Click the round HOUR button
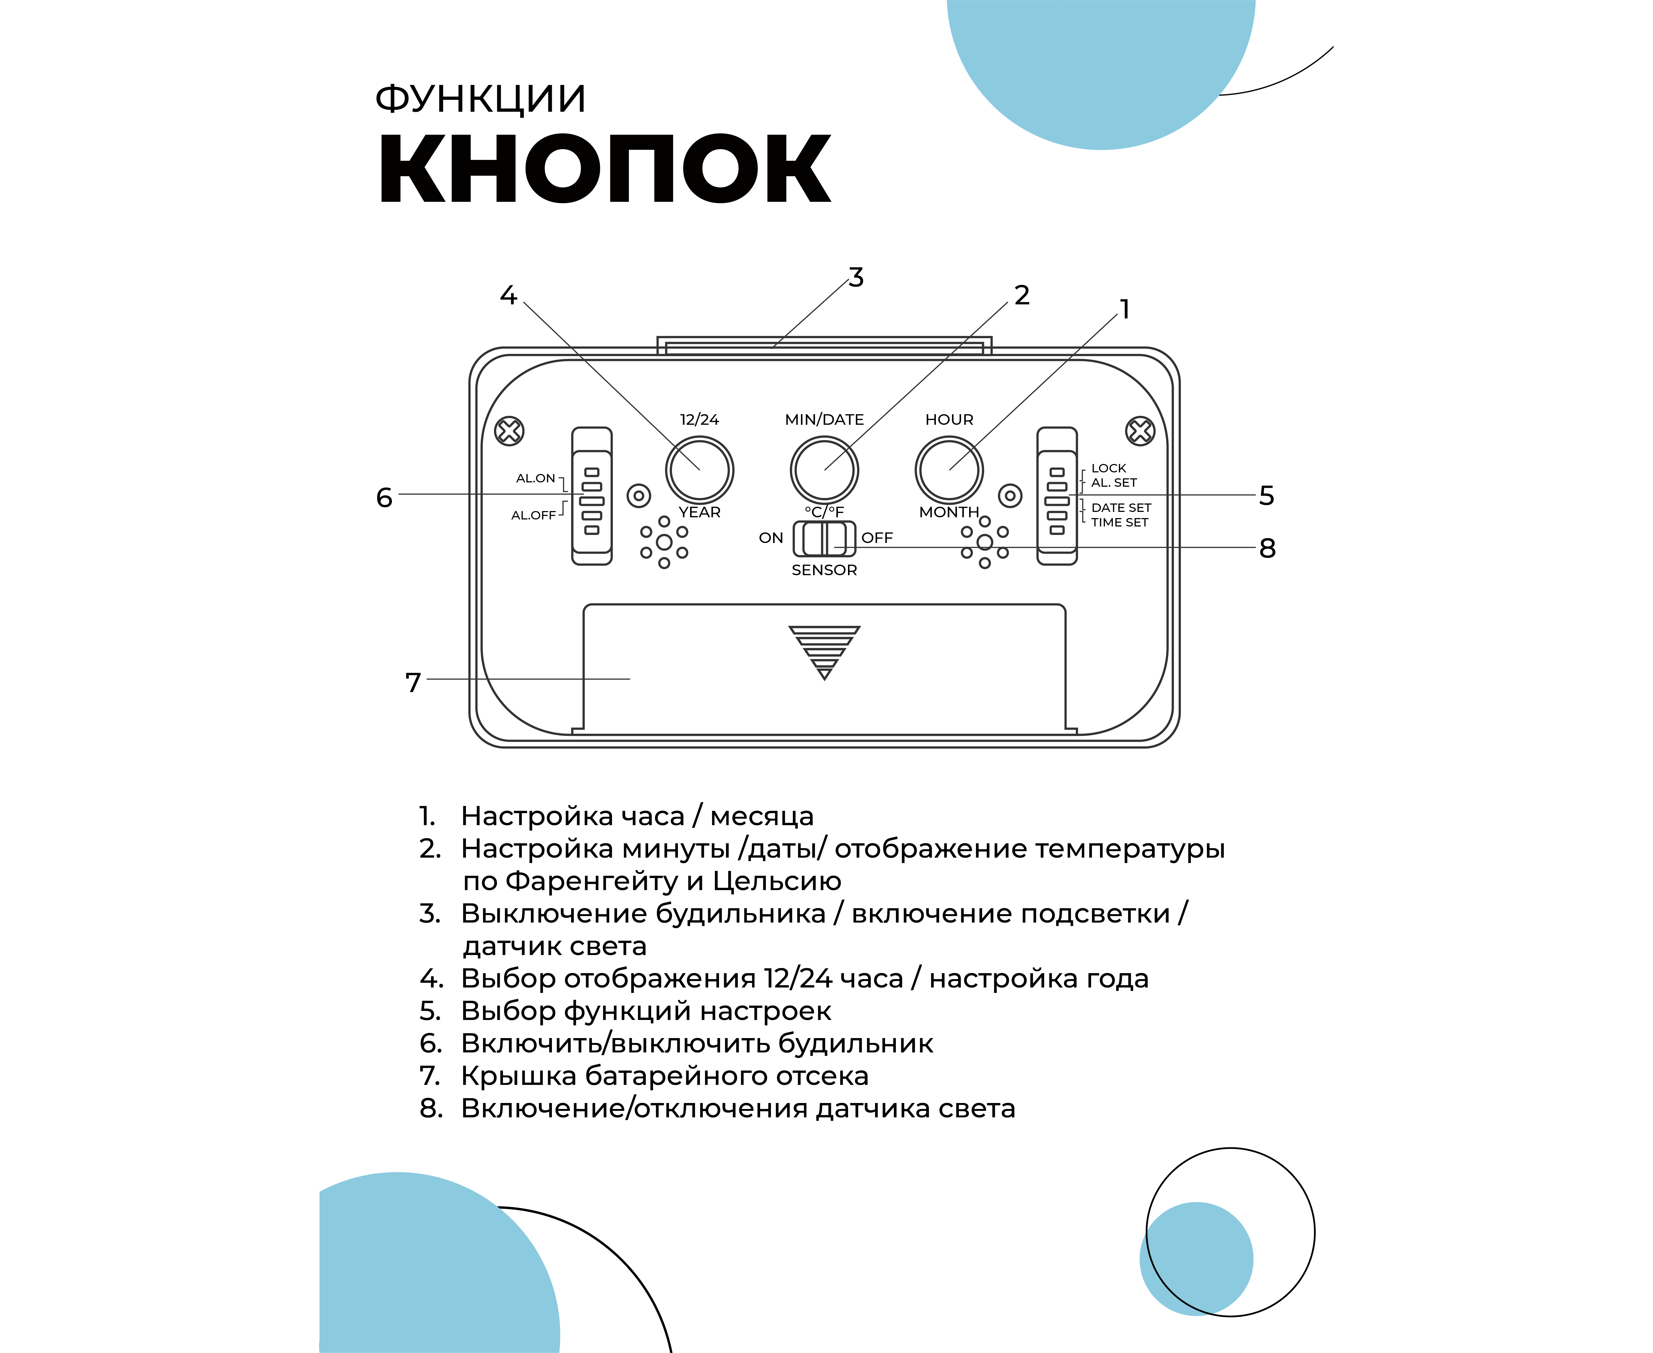[x=949, y=470]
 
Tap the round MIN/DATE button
[x=824, y=470]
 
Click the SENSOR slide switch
[x=824, y=538]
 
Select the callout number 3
[x=856, y=278]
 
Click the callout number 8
[x=1267, y=548]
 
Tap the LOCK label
[x=1108, y=468]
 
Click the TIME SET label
[x=1119, y=522]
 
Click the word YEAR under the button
[x=700, y=512]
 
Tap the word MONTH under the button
[x=949, y=512]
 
